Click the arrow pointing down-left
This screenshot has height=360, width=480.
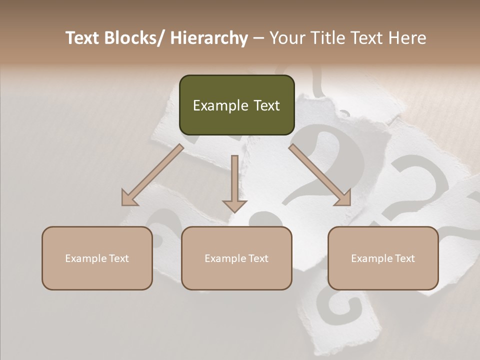pos(152,175)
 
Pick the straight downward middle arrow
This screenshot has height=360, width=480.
pos(234,182)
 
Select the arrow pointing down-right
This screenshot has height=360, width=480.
pos(320,175)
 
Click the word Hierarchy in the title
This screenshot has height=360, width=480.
pos(209,38)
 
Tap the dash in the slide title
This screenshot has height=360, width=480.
pos(258,38)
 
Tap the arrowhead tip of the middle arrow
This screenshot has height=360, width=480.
pos(234,212)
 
